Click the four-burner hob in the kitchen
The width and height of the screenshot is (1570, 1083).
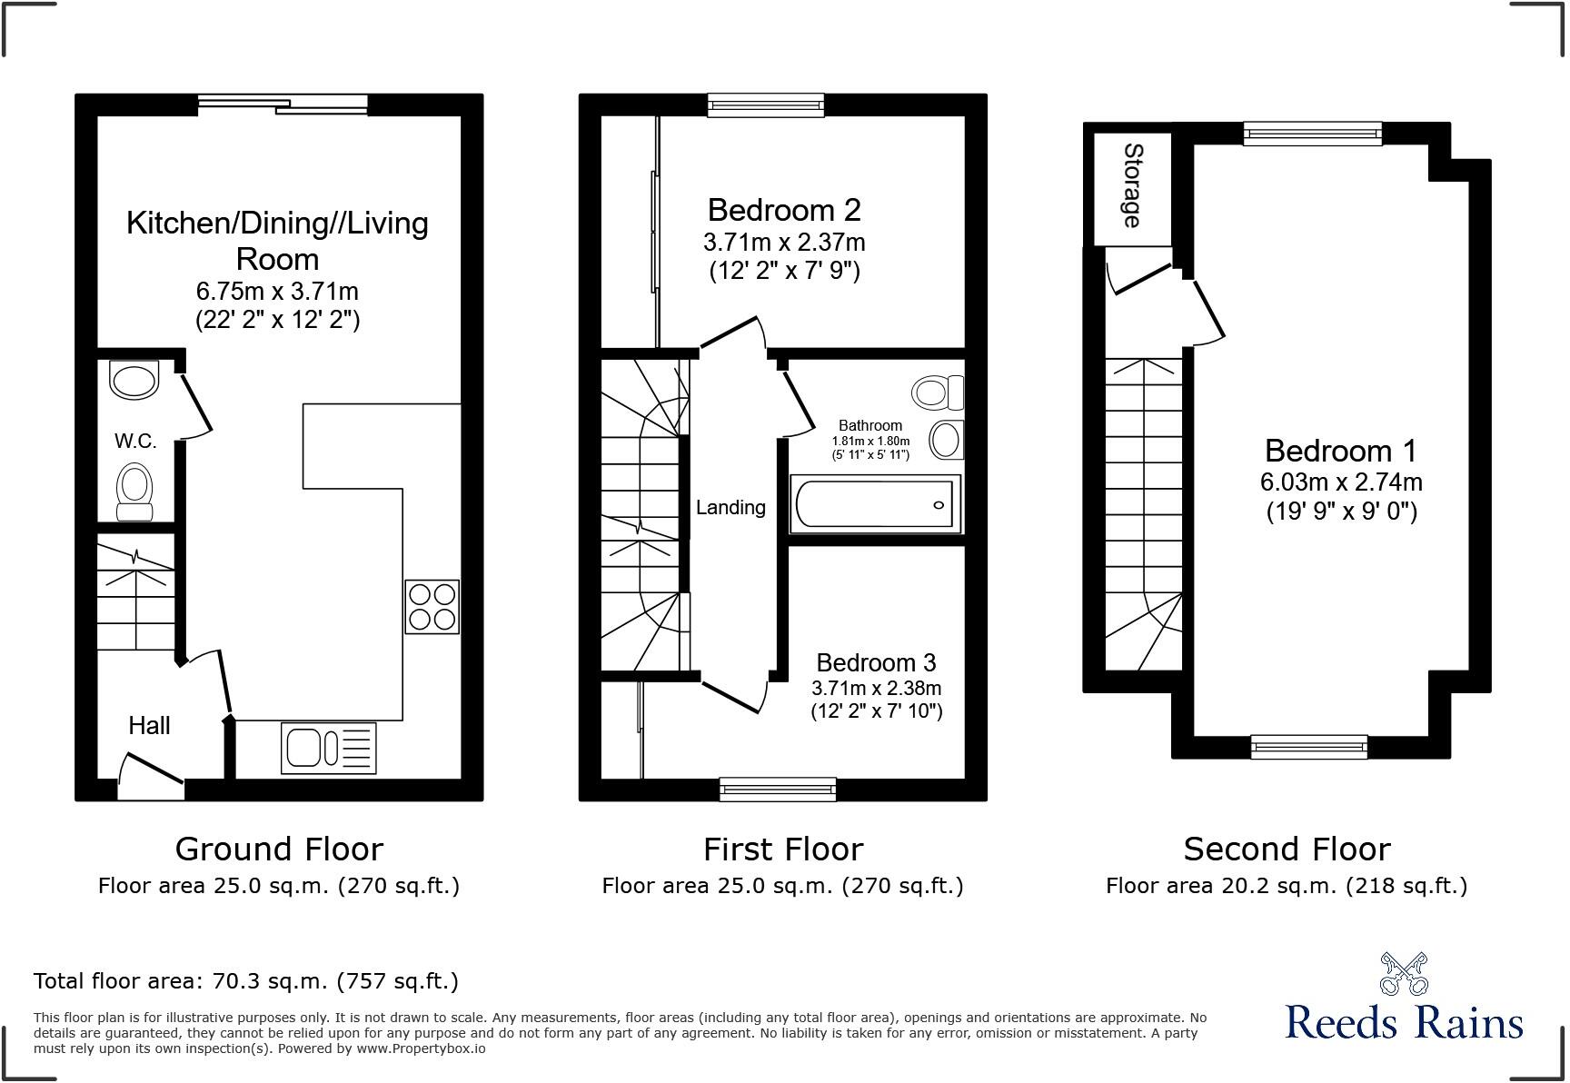[432, 607]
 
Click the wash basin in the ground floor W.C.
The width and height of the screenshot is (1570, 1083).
[134, 380]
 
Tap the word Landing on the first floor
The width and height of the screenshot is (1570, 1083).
[730, 508]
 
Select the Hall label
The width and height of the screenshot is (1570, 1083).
[149, 725]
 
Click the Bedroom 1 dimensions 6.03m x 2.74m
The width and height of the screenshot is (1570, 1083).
[1340, 482]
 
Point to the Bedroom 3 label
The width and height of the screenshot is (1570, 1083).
[876, 662]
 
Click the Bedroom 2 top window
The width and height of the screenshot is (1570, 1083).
[766, 106]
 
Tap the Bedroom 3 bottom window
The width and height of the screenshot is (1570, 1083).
[778, 789]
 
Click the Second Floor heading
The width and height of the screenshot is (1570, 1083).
[1287, 850]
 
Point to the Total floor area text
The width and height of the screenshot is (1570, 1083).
[245, 981]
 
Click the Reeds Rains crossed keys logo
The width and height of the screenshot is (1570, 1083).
[1404, 973]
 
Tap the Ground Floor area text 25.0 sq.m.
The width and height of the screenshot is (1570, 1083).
[278, 886]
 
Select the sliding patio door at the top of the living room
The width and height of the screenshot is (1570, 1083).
[283, 104]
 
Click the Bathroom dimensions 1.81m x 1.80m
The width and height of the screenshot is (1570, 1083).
[870, 441]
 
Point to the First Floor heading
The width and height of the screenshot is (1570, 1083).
[782, 850]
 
